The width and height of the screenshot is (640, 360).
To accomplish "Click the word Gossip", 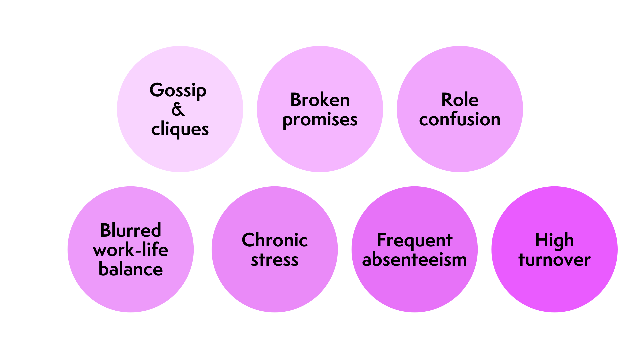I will click(178, 91).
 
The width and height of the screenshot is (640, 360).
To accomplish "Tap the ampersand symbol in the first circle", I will click(178, 109).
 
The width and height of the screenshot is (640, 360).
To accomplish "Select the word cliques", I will click(180, 129).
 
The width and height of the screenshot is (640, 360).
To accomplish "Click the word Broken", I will click(320, 100).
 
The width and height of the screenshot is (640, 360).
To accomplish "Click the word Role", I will click(460, 100).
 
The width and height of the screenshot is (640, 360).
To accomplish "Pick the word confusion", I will click(460, 119).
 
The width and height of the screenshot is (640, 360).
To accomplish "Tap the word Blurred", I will click(131, 230).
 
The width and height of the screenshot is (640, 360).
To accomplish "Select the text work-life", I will click(131, 250).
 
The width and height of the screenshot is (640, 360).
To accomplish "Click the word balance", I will click(131, 269).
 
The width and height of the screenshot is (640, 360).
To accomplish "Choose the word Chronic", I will click(274, 240).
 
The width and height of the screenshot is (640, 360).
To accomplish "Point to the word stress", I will click(274, 260).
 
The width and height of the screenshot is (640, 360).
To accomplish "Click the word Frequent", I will click(414, 241).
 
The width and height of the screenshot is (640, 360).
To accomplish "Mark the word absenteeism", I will click(414, 260).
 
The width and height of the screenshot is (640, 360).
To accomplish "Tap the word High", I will click(554, 241).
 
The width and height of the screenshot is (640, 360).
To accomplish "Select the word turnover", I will click(554, 260).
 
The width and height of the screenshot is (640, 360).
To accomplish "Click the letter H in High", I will click(541, 240).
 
